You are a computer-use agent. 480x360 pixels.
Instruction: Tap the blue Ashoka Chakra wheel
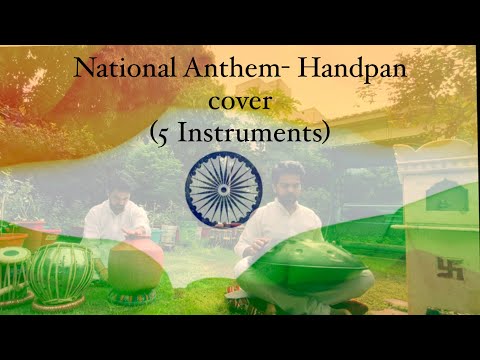(x=223, y=187)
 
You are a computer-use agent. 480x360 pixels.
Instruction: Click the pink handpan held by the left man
(x=135, y=263)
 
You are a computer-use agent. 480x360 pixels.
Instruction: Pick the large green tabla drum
(x=60, y=272)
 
